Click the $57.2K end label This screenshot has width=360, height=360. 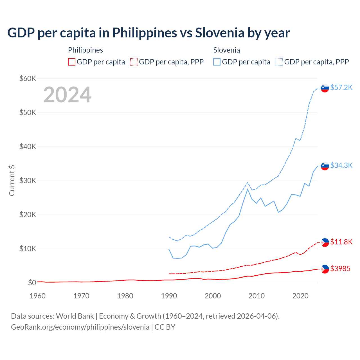point(341,87)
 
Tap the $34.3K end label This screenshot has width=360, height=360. point(341,165)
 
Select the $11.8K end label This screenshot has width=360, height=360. point(341,242)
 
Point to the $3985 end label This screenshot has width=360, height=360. point(340,269)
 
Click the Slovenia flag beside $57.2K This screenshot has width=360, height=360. point(325,88)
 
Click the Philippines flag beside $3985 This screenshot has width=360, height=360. point(325,269)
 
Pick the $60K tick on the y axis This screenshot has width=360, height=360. point(28,78)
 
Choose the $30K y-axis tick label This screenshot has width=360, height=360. point(28,181)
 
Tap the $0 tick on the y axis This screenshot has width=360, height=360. point(32,283)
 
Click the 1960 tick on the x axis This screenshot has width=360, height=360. point(37,296)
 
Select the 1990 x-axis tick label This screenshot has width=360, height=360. point(169,296)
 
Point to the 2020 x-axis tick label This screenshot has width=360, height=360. point(300,296)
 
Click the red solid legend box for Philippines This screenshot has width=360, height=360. point(72,62)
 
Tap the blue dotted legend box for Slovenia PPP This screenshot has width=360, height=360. point(279,62)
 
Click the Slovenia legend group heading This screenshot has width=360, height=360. point(226,50)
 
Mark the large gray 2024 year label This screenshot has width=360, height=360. point(67,95)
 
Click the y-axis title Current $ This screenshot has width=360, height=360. point(12,181)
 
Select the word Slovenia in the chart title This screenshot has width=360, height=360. point(220,33)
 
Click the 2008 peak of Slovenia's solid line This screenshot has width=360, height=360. point(247,189)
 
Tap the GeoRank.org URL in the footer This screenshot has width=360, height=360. point(80,327)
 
